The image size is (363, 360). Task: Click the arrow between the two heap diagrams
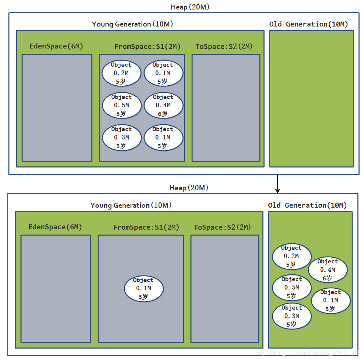pyautogui.click(x=277, y=184)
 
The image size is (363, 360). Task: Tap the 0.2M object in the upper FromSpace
pyautogui.click(x=122, y=73)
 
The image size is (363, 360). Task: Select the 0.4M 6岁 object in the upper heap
pyautogui.click(x=164, y=105)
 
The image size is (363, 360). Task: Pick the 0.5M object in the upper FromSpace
pyautogui.click(x=122, y=105)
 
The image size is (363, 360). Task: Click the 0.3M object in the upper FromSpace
pyautogui.click(x=122, y=138)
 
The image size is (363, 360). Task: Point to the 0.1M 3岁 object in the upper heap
pyautogui.click(x=164, y=138)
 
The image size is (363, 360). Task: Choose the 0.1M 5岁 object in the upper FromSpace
pyautogui.click(x=164, y=73)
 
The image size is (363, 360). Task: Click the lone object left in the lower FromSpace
pyautogui.click(x=144, y=289)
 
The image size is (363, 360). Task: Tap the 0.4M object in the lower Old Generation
pyautogui.click(x=328, y=270)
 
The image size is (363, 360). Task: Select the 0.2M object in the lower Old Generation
pyautogui.click(x=292, y=257)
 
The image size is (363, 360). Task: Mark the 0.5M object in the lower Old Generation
pyautogui.click(x=292, y=288)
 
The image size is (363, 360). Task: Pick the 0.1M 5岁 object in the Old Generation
pyautogui.click(x=331, y=301)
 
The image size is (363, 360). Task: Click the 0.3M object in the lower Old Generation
pyautogui.click(x=292, y=316)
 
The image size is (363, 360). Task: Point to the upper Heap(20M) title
pyautogui.click(x=190, y=7)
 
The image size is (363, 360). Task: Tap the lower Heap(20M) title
pyautogui.click(x=189, y=188)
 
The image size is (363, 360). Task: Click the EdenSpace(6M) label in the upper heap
pyautogui.click(x=56, y=46)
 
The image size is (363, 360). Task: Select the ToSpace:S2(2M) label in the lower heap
pyautogui.click(x=222, y=227)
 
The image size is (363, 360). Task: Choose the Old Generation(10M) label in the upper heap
pyautogui.click(x=308, y=24)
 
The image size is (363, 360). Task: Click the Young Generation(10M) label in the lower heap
pyautogui.click(x=131, y=205)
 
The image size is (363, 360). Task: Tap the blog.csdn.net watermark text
pyautogui.click(x=308, y=353)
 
